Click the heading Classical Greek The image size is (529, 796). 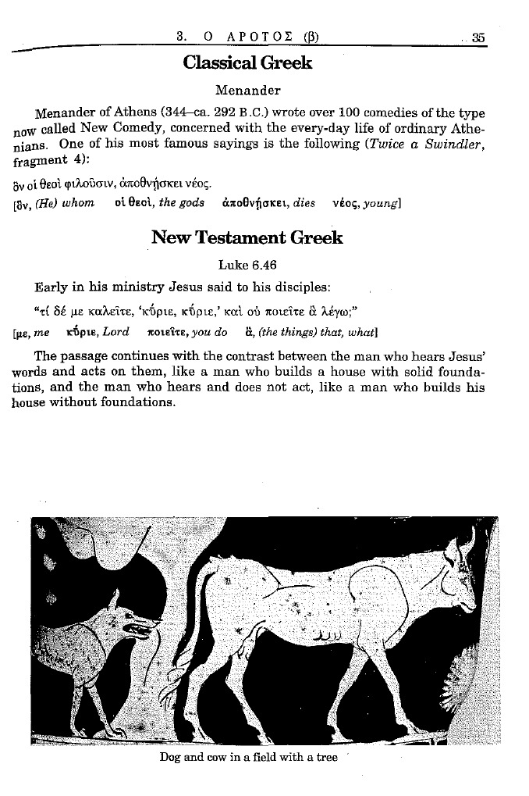click(x=247, y=63)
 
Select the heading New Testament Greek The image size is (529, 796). click(x=247, y=237)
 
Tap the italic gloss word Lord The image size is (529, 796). click(x=115, y=331)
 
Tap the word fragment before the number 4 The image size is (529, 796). click(x=40, y=163)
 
